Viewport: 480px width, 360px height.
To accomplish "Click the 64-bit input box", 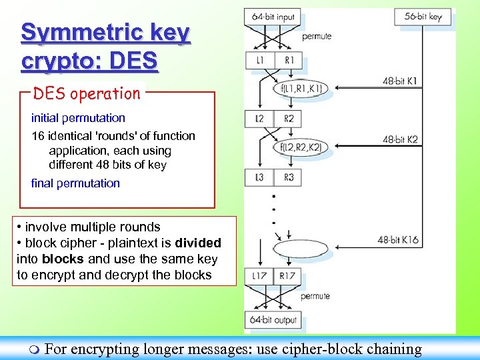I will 273,17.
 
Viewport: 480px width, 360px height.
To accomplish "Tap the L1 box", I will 260,61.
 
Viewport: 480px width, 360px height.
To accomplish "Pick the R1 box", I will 288,61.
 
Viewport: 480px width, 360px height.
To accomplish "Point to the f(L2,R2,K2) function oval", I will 301,146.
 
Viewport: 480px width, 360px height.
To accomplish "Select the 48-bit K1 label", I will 401,81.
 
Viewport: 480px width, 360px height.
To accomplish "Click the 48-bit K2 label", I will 401,140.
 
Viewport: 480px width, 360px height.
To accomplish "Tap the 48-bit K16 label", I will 398,240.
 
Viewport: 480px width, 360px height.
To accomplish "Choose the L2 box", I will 260,119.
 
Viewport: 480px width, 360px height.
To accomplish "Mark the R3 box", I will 288,178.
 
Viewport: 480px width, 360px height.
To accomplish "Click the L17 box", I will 259,276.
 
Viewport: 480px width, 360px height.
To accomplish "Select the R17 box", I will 289,276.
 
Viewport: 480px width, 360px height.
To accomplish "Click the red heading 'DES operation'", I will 87,93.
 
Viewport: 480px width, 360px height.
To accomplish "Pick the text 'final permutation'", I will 75,183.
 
